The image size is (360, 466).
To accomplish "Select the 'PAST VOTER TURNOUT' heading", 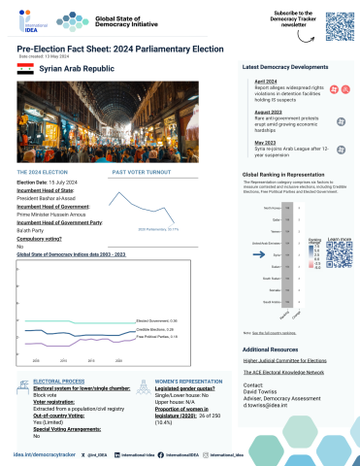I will coord(139,171).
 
